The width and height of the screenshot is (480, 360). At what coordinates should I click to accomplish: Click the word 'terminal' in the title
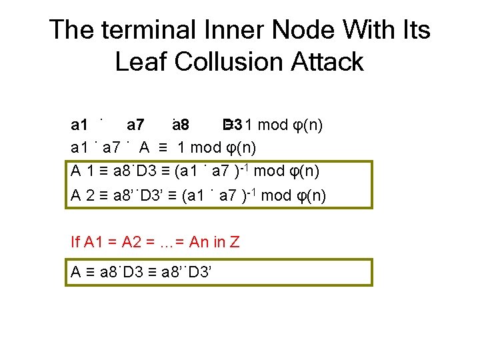point(140,31)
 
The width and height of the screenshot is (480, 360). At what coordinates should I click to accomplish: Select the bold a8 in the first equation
point(179,125)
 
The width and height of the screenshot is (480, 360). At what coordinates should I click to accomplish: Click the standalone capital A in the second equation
point(145,148)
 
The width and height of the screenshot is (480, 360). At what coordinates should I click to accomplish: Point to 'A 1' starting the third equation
point(83,171)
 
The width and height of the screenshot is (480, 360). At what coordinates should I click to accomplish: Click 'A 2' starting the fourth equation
point(83,195)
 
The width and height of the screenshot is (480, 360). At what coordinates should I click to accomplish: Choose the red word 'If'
point(75,242)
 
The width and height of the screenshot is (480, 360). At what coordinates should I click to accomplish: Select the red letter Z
point(234,242)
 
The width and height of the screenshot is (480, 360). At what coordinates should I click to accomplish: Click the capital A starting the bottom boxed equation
point(77,272)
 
